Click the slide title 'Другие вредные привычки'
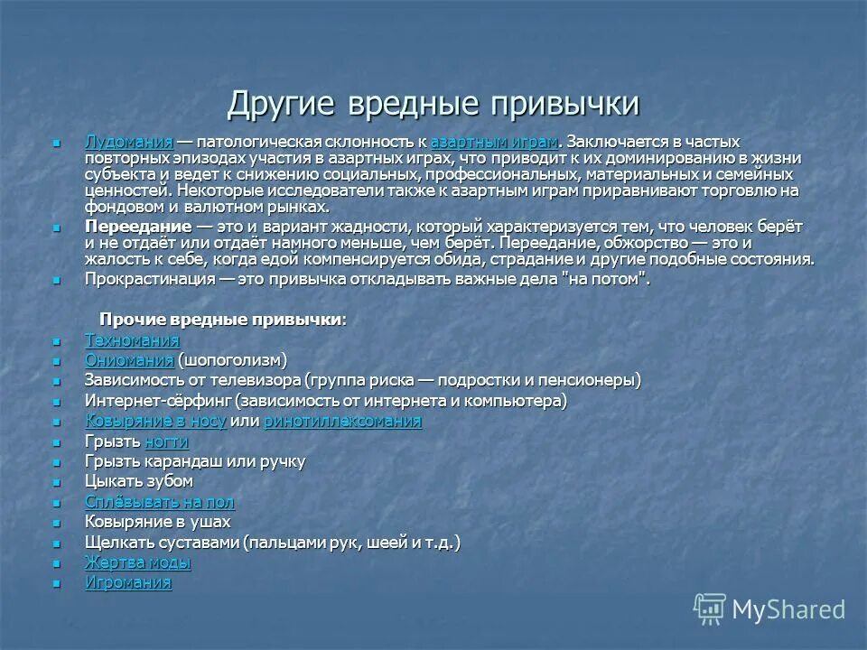click(x=433, y=103)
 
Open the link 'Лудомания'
click(x=128, y=142)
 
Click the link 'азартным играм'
click(x=494, y=142)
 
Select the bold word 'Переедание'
click(x=138, y=227)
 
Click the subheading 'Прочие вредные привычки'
click(x=221, y=320)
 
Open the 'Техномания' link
click(x=132, y=340)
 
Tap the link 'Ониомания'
click(x=128, y=360)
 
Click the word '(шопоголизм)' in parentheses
click(x=231, y=360)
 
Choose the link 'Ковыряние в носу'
click(x=154, y=421)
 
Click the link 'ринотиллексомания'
click(x=342, y=421)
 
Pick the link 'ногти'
click(x=166, y=441)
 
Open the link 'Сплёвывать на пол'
click(x=159, y=502)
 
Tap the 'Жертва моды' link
click(x=137, y=562)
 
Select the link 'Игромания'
click(x=127, y=582)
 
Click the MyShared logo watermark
click(x=769, y=608)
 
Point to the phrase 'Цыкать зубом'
click(x=139, y=481)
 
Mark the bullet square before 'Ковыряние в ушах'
click(x=57, y=523)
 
